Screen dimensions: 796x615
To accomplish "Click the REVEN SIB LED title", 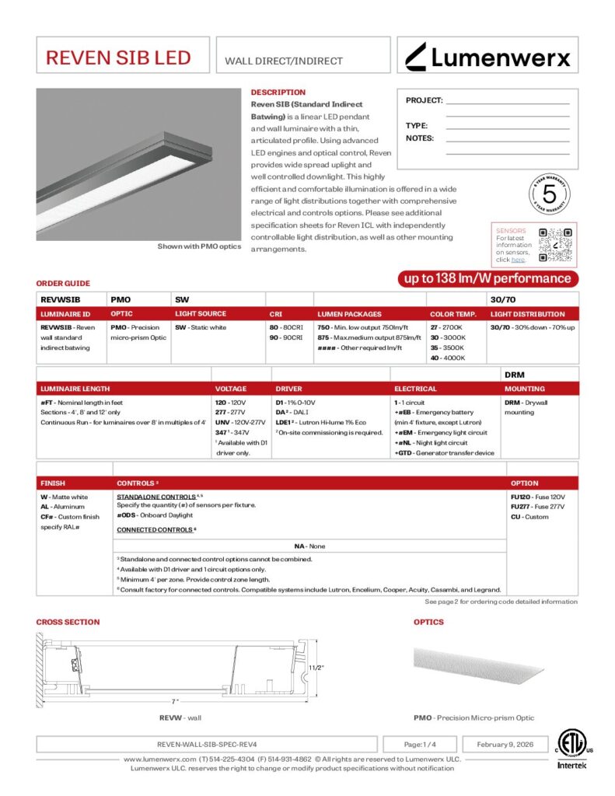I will click(118, 58).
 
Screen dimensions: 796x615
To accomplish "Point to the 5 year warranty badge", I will click(549, 193).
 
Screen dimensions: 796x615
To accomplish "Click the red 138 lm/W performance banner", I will click(487, 279).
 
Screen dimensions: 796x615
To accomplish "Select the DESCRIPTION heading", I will click(278, 93).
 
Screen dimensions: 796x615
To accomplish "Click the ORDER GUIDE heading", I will click(63, 284).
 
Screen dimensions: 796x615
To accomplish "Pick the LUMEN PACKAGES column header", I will click(349, 314).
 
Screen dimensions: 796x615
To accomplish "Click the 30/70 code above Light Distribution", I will click(500, 298).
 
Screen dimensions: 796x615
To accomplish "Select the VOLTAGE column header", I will click(230, 389).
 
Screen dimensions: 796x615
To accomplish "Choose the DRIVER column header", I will click(288, 389).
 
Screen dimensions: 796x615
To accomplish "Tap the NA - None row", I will click(310, 546).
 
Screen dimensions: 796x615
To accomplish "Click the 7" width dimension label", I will click(176, 701).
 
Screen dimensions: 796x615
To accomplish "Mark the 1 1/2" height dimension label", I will click(316, 667).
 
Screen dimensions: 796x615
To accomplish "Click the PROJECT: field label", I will click(424, 100).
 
